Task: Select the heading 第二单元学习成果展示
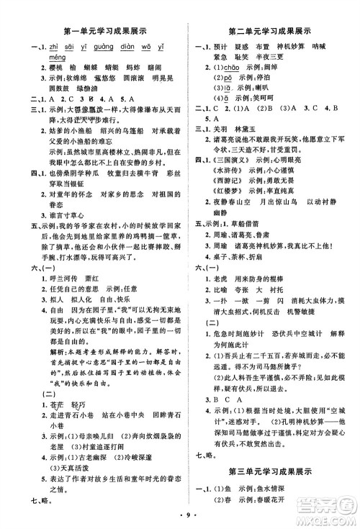click(271, 31)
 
